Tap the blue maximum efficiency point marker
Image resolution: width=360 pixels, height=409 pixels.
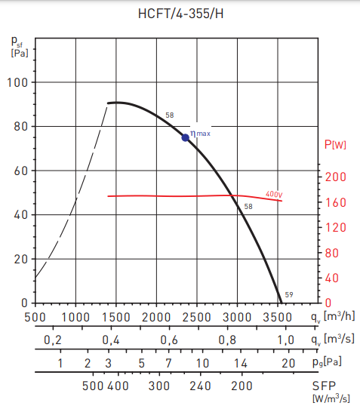[185, 137]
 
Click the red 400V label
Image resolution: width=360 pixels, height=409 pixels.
[274, 194]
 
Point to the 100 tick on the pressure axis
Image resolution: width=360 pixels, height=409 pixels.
[17, 82]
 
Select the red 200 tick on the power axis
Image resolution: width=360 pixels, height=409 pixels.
[335, 177]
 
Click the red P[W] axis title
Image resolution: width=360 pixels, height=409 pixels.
[334, 144]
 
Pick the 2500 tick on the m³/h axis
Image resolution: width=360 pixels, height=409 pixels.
[197, 317]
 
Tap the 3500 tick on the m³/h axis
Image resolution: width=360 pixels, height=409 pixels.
[278, 317]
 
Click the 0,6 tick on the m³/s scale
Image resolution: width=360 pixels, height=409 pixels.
[169, 340]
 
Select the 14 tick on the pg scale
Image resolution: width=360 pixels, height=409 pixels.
[240, 363]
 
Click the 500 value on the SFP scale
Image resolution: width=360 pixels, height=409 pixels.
[93, 386]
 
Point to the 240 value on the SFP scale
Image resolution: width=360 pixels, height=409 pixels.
[201, 386]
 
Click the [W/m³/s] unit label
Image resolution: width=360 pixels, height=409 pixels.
[329, 398]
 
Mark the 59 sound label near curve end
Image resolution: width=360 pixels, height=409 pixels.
[288, 295]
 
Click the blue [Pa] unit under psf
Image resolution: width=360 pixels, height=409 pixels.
[19, 53]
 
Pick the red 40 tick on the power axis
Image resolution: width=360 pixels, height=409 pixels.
[332, 278]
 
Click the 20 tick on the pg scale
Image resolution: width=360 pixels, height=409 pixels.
[287, 363]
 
